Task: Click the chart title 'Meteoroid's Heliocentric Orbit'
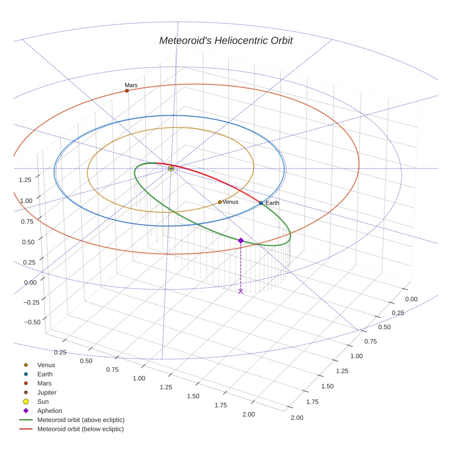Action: [226, 40]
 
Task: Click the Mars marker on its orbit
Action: [127, 91]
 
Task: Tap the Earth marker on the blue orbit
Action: [261, 203]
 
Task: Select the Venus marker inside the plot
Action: [220, 202]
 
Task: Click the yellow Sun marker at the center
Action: [171, 169]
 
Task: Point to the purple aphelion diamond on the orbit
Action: [241, 240]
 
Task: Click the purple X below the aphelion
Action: [241, 291]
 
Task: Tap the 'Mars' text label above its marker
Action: [131, 85]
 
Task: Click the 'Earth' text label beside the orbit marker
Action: [272, 203]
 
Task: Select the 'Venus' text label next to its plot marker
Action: [230, 202]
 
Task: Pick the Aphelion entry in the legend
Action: [49, 411]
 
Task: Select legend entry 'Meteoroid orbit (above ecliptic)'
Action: [80, 420]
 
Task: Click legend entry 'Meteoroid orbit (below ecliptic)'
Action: [80, 429]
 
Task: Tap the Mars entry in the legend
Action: [44, 383]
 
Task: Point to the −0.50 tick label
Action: [32, 322]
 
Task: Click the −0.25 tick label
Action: [32, 302]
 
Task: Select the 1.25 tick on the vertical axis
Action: [25, 180]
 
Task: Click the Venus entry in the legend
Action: [46, 365]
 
